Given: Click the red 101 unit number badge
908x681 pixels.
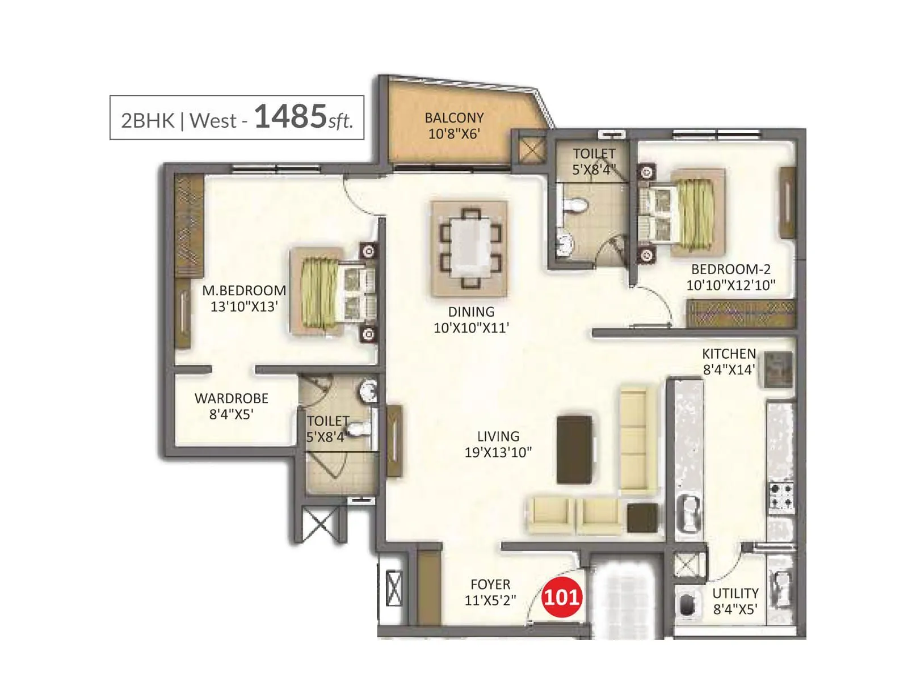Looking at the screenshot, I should (x=561, y=597).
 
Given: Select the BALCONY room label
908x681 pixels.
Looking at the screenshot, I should (x=454, y=118).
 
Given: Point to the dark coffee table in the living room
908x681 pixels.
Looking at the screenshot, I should (x=574, y=450).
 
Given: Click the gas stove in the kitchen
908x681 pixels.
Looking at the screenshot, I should (x=781, y=495).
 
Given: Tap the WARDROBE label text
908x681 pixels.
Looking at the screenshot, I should (x=231, y=398).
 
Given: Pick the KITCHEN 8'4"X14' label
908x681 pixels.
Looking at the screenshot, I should (x=729, y=361).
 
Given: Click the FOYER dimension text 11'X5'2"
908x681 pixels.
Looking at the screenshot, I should (x=490, y=600).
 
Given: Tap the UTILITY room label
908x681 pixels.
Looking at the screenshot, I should (x=735, y=594).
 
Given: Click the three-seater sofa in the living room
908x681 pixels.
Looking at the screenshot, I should (x=638, y=440).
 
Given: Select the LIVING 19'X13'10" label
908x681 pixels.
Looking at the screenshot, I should (x=498, y=444).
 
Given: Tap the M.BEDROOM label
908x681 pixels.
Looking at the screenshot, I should (x=244, y=291).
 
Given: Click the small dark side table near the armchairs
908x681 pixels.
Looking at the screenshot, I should (x=642, y=518).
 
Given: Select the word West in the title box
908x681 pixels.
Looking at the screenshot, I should (x=213, y=121).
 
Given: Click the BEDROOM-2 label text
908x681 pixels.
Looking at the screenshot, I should (x=730, y=270).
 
